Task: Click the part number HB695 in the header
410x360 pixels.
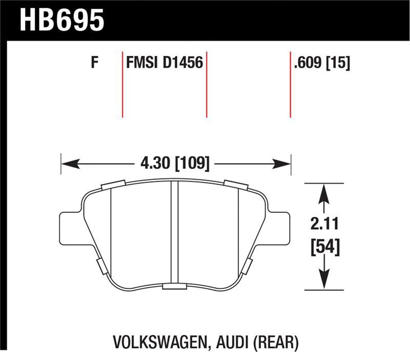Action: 61,21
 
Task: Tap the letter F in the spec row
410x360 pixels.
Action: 94,64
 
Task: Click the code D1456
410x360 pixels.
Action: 182,64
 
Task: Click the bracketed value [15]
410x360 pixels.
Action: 338,64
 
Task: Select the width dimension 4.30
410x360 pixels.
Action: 155,164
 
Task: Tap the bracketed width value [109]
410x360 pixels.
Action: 192,164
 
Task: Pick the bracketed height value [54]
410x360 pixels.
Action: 323,248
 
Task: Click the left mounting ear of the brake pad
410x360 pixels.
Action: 70,228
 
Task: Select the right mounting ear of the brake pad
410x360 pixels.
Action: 279,228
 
